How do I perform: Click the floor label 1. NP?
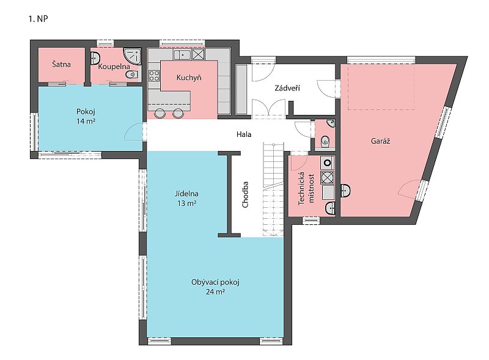click(38, 19)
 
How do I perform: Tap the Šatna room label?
click(61, 64)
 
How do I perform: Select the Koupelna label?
click(114, 67)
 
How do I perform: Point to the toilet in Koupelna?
click(132, 75)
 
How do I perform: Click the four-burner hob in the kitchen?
click(154, 76)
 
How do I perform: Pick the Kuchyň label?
click(189, 78)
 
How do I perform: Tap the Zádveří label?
click(287, 88)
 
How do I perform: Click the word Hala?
click(243, 134)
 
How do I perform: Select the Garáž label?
click(380, 141)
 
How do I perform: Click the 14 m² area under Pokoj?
click(86, 121)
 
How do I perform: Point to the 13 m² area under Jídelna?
click(186, 204)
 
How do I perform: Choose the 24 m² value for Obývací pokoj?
click(215, 292)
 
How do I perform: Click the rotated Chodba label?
click(245, 194)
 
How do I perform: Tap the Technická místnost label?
click(306, 188)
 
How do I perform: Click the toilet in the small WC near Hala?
click(325, 141)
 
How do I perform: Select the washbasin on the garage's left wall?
click(345, 190)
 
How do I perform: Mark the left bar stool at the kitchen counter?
click(160, 113)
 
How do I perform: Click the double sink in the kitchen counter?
click(182, 55)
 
